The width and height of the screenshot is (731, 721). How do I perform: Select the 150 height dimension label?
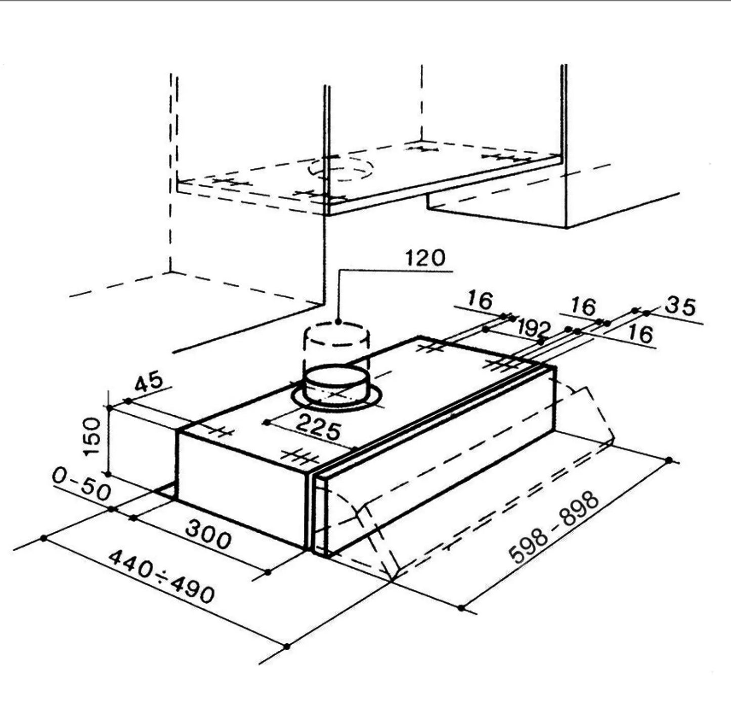point(92,436)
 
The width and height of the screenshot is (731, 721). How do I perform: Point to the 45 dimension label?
point(149,383)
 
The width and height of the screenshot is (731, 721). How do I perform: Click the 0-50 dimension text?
point(81,484)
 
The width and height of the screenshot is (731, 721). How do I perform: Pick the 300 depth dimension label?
point(208,535)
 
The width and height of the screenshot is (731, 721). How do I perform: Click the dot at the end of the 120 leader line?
point(338,323)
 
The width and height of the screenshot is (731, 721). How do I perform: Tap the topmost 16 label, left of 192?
point(480,299)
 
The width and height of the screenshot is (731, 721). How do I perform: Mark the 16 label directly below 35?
point(641,334)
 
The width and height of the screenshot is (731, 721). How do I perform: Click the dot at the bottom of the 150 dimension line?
point(108,474)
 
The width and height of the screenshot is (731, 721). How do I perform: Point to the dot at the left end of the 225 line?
point(268,422)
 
